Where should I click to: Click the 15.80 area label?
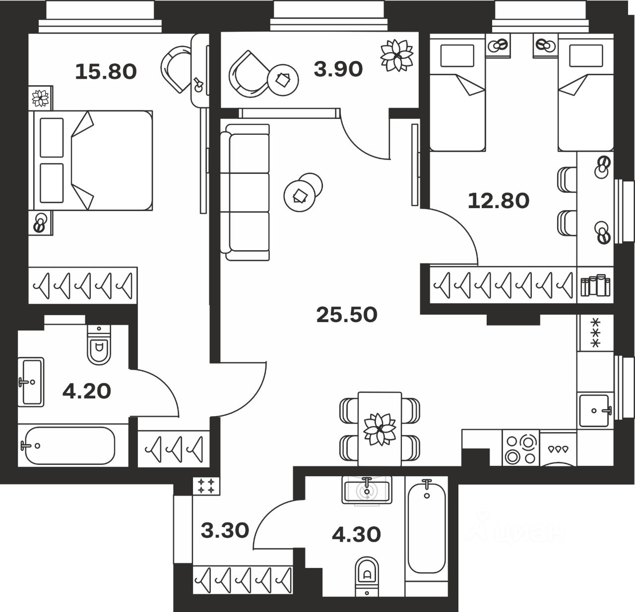106,72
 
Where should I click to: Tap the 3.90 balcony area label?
338,69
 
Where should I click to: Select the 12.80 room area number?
499,201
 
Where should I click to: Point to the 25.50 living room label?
347,315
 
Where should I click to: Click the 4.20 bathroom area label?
86,391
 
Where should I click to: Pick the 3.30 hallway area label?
225,531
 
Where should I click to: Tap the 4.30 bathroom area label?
356,534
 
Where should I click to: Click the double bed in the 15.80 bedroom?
92,160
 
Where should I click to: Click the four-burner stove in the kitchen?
520,448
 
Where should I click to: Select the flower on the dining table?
380,429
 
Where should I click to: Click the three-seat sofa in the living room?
247,192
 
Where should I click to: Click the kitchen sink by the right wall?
594,410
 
